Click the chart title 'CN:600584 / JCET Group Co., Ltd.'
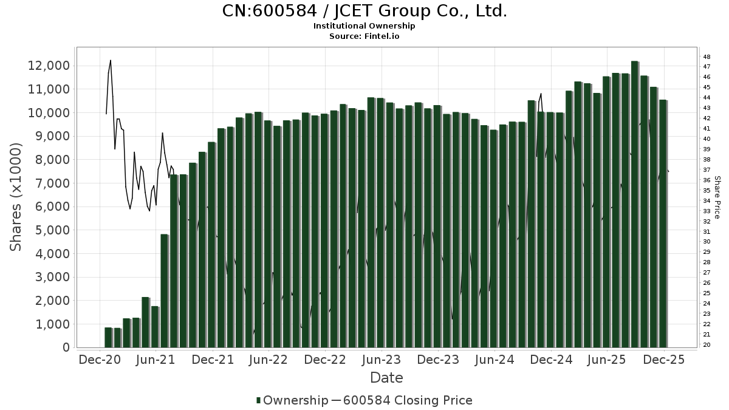click(x=364, y=11)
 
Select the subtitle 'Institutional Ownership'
click(x=364, y=26)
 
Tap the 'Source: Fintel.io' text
click(x=364, y=36)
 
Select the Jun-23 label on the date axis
click(x=382, y=360)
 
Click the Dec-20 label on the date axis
click(x=100, y=360)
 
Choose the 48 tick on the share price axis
click(x=707, y=56)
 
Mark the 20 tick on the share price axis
click(x=707, y=345)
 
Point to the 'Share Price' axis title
click(x=717, y=197)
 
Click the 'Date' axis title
click(x=386, y=378)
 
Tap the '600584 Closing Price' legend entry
click(x=407, y=400)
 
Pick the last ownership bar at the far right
click(x=663, y=224)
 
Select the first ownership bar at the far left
click(x=108, y=338)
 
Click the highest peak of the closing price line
click(x=111, y=60)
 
